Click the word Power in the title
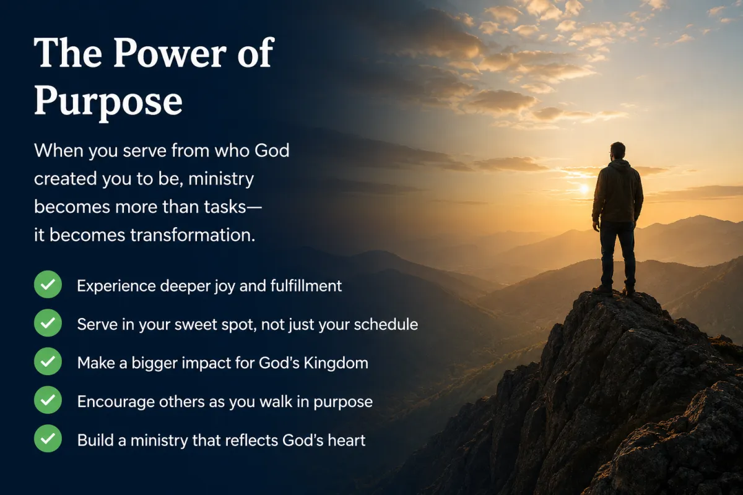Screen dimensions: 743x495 pos(170,53)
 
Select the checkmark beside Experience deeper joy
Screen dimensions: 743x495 pos(48,285)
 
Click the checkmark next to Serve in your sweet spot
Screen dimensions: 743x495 pos(48,323)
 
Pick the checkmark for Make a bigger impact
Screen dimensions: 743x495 pos(48,361)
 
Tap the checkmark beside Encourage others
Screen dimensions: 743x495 pos(48,400)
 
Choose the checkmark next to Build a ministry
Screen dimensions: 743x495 pos(48,438)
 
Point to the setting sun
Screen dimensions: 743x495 pos(584,189)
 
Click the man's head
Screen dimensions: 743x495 pos(617,152)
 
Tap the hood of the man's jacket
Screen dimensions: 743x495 pos(620,165)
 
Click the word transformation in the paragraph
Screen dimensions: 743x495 pos(193,235)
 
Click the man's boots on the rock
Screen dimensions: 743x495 pos(614,291)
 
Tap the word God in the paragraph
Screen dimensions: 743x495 pos(272,150)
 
